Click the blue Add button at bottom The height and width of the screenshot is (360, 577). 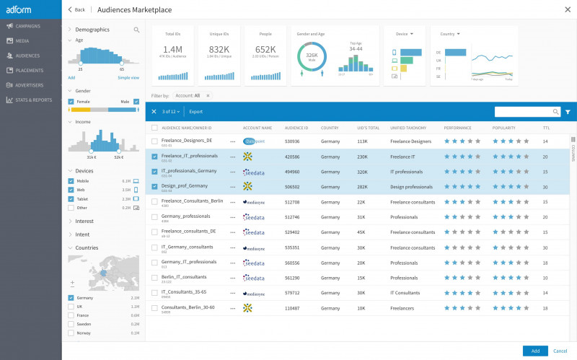click(x=535, y=350)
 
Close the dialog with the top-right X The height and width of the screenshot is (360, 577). click(x=566, y=9)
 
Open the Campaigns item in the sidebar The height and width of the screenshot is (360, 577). click(x=27, y=26)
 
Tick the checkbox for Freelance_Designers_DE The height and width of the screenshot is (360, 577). click(x=154, y=141)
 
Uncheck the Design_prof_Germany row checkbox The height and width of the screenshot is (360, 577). click(x=154, y=186)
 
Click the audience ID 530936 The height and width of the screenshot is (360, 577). click(x=292, y=141)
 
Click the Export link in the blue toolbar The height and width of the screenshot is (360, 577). click(x=196, y=112)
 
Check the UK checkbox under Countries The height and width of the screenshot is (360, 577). click(x=71, y=307)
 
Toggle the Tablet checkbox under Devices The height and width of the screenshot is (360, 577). click(x=71, y=198)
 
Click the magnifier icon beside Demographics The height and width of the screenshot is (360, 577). click(x=136, y=30)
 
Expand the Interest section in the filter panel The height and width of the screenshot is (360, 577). click(x=84, y=221)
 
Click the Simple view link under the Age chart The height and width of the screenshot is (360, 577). click(x=128, y=77)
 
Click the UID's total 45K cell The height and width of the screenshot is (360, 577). click(x=361, y=232)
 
